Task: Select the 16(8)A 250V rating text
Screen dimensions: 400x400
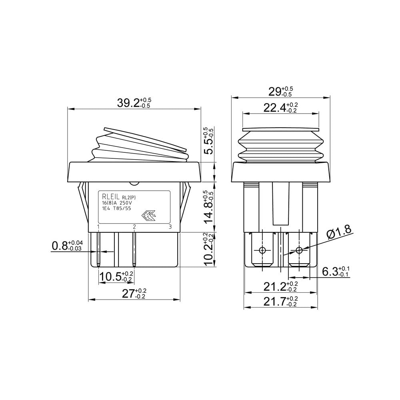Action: (117, 203)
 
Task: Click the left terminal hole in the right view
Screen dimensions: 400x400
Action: (262, 250)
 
